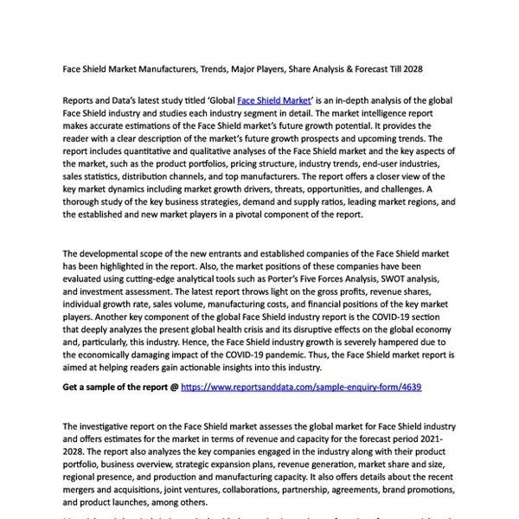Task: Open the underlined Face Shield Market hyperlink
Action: coord(273,101)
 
